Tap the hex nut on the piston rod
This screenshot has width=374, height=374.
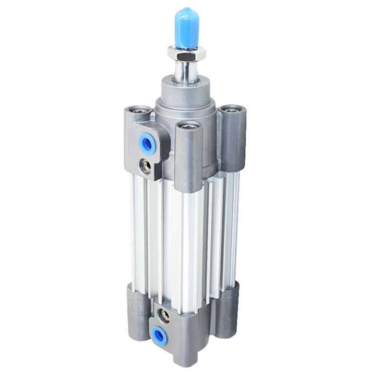(187, 53)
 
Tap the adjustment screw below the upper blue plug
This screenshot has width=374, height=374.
(145, 167)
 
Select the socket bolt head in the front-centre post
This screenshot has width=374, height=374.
(188, 127)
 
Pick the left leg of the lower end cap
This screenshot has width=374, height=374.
(137, 312)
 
